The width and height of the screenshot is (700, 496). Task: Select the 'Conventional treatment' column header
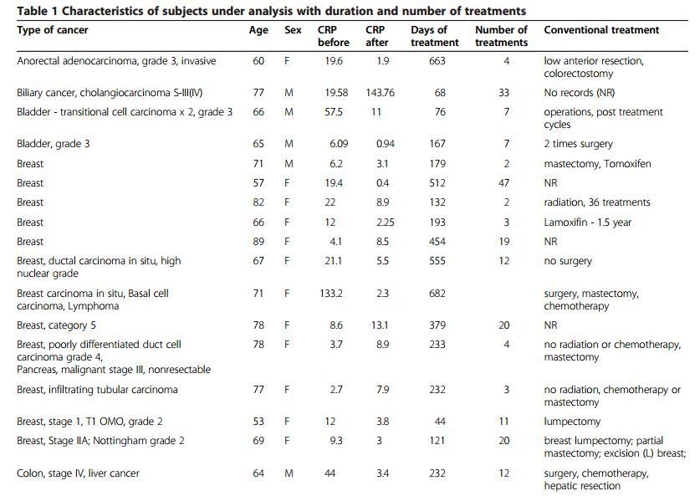coord(600,30)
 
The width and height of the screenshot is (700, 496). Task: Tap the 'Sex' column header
coord(293,30)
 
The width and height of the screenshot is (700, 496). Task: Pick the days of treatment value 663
coord(437,61)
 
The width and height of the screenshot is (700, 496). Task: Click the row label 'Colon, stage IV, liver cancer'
coord(78,473)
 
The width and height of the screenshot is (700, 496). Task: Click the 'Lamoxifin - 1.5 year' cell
coord(585,222)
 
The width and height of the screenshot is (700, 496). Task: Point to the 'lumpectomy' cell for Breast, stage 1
coord(571,422)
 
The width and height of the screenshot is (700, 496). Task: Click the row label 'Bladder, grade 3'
coord(54,144)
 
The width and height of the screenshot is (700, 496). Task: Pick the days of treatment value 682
coord(437,294)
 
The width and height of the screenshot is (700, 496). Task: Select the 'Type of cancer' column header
coord(52,30)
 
